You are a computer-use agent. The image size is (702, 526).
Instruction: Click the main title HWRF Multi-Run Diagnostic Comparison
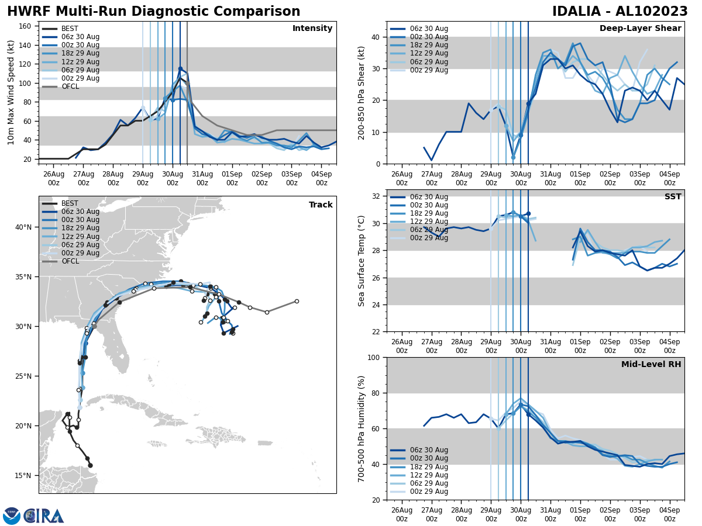click(153, 12)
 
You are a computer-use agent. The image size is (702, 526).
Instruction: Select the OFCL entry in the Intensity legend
click(70, 86)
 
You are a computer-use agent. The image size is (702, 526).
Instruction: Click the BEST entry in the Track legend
click(70, 203)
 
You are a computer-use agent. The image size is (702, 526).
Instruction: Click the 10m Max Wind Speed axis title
click(11, 92)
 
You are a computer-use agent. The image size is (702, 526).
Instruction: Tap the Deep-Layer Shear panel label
click(640, 29)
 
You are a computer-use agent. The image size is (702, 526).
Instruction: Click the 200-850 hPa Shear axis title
click(362, 92)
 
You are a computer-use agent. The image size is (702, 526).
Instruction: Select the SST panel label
click(672, 197)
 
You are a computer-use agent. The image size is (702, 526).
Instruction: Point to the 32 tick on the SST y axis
click(376, 196)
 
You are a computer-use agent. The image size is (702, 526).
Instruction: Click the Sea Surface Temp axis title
click(362, 261)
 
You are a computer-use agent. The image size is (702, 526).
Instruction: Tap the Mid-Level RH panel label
click(651, 365)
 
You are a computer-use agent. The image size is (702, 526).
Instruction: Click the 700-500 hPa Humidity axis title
click(362, 428)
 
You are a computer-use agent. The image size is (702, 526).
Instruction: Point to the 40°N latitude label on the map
click(23, 227)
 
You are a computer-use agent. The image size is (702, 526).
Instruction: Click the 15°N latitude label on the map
click(23, 475)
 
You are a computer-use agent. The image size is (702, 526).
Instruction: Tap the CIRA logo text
click(44, 516)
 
